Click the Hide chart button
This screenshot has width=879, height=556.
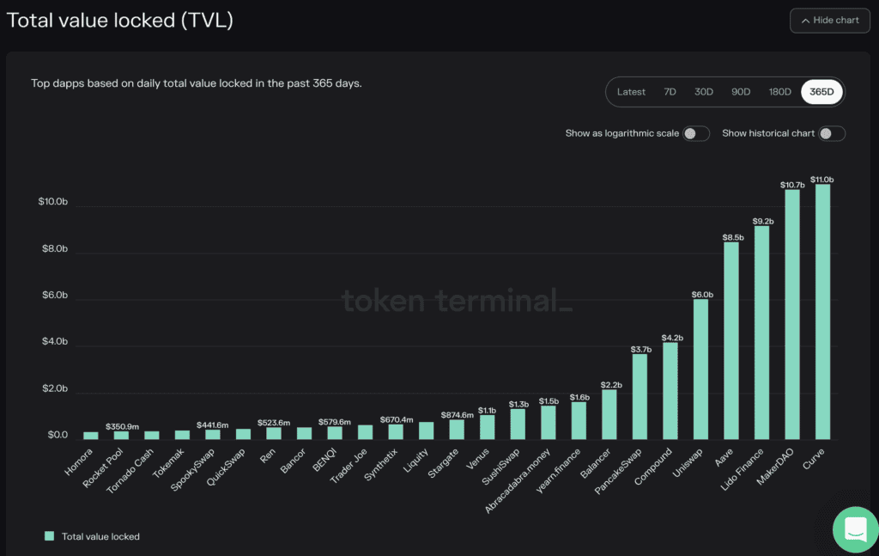(x=829, y=20)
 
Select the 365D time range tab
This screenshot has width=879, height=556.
(x=821, y=92)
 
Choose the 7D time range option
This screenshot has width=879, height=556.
(x=669, y=92)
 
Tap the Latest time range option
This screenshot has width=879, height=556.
(x=631, y=92)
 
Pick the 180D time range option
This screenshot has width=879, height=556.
(x=779, y=92)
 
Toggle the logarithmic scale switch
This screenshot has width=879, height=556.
(x=696, y=133)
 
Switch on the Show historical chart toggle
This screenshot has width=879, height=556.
(x=832, y=133)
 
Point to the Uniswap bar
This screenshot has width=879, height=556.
(x=700, y=369)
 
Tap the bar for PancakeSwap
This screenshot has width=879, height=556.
(x=640, y=395)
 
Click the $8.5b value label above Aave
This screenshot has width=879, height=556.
(x=731, y=236)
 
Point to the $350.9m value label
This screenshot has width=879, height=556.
(x=121, y=425)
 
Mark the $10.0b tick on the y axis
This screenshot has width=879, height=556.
(x=52, y=202)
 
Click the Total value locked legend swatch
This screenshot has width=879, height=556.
(x=49, y=536)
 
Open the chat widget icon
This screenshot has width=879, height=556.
(x=855, y=530)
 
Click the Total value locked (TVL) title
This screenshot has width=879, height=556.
(x=120, y=20)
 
